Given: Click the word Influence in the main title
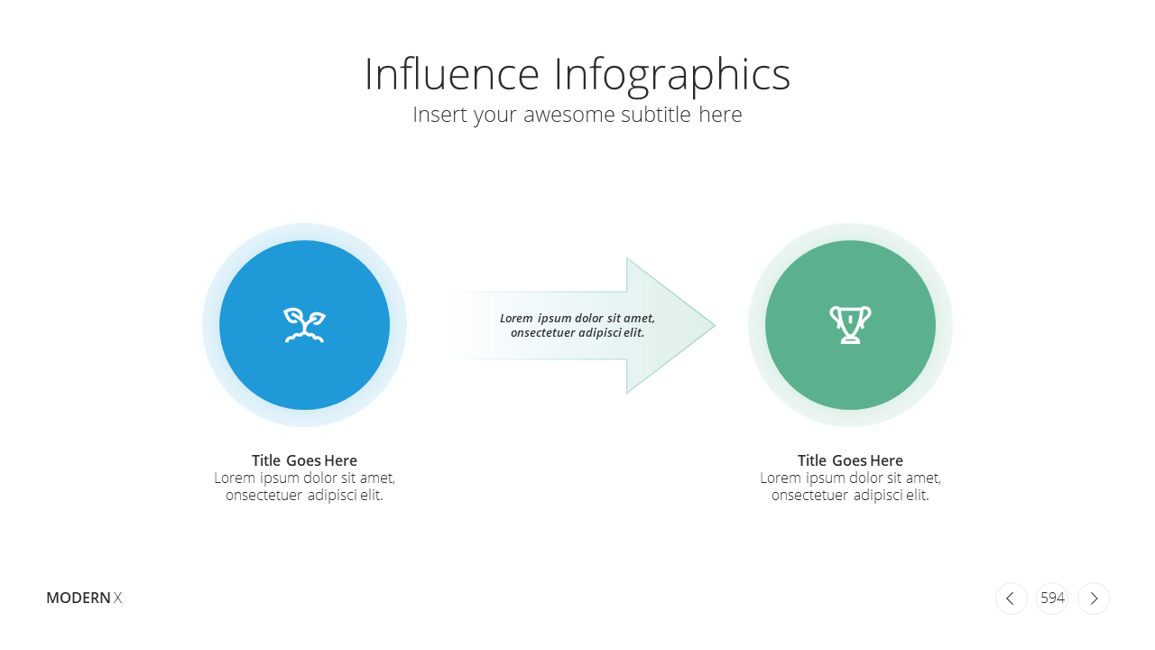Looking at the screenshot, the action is click(452, 74).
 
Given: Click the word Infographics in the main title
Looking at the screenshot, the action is click(672, 77).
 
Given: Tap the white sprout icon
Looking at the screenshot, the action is click(305, 325).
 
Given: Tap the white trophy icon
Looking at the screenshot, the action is click(850, 324).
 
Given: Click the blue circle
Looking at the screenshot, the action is click(304, 325).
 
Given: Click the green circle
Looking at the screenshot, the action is click(850, 325).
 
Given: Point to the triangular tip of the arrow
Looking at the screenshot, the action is click(715, 326).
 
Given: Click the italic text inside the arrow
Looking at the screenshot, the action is click(577, 325).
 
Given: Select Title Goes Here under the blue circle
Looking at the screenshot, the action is click(304, 460).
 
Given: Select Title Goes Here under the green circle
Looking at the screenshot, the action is click(850, 460).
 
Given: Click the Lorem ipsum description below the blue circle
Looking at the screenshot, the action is click(304, 487).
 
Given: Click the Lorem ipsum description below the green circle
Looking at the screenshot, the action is click(850, 487).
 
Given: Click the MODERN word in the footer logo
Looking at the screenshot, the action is click(79, 598).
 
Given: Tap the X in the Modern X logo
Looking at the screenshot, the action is click(117, 598).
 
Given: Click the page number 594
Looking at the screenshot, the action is click(1052, 598).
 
